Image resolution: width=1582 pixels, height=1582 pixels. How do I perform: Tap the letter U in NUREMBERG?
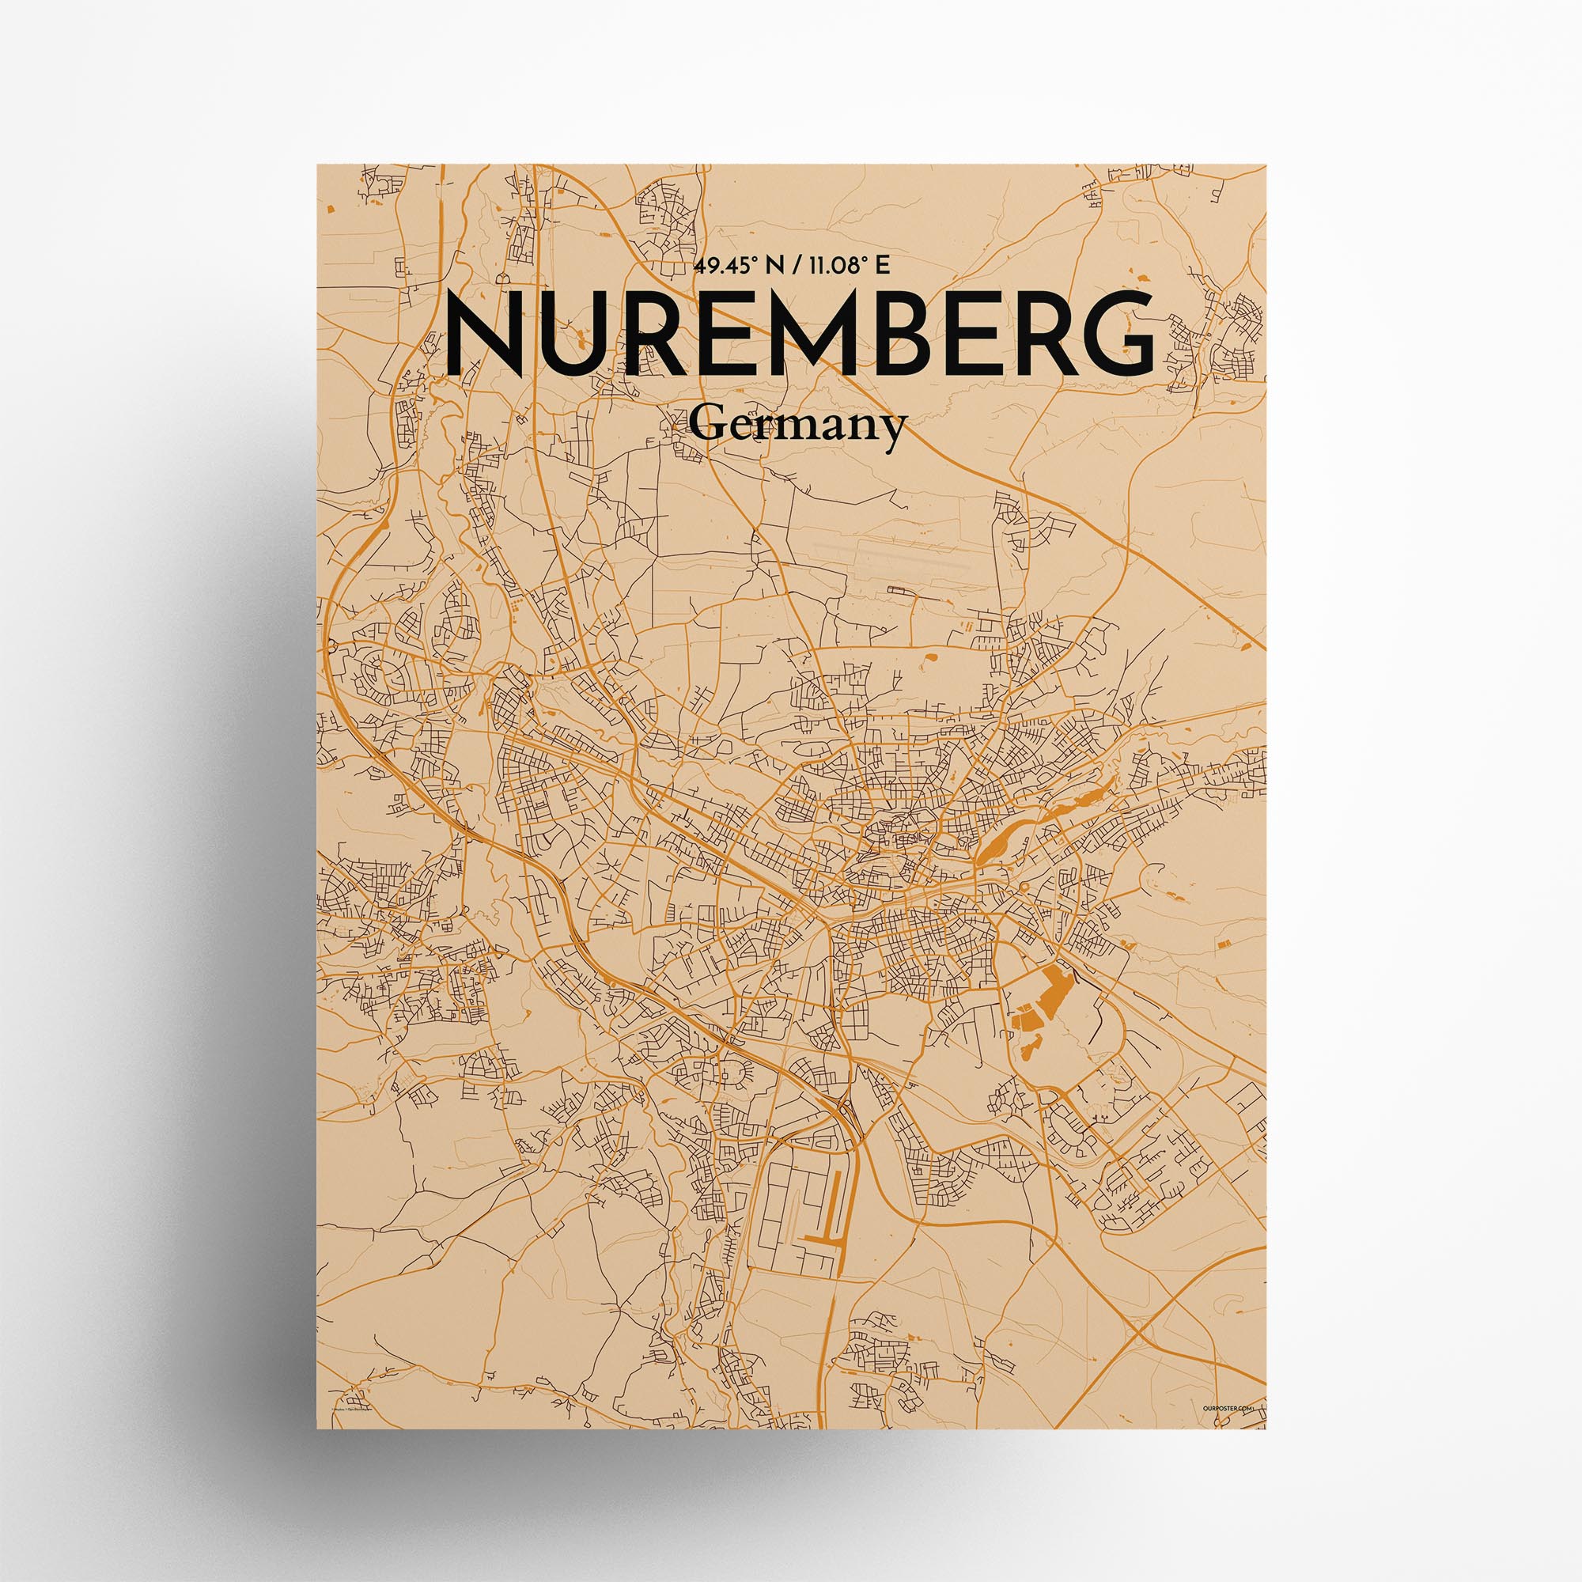(x=586, y=335)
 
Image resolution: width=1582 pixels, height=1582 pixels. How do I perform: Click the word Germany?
(x=797, y=426)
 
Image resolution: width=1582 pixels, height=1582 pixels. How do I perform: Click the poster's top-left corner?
(x=319, y=165)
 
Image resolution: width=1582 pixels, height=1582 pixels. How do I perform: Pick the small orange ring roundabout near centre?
(x=1024, y=887)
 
